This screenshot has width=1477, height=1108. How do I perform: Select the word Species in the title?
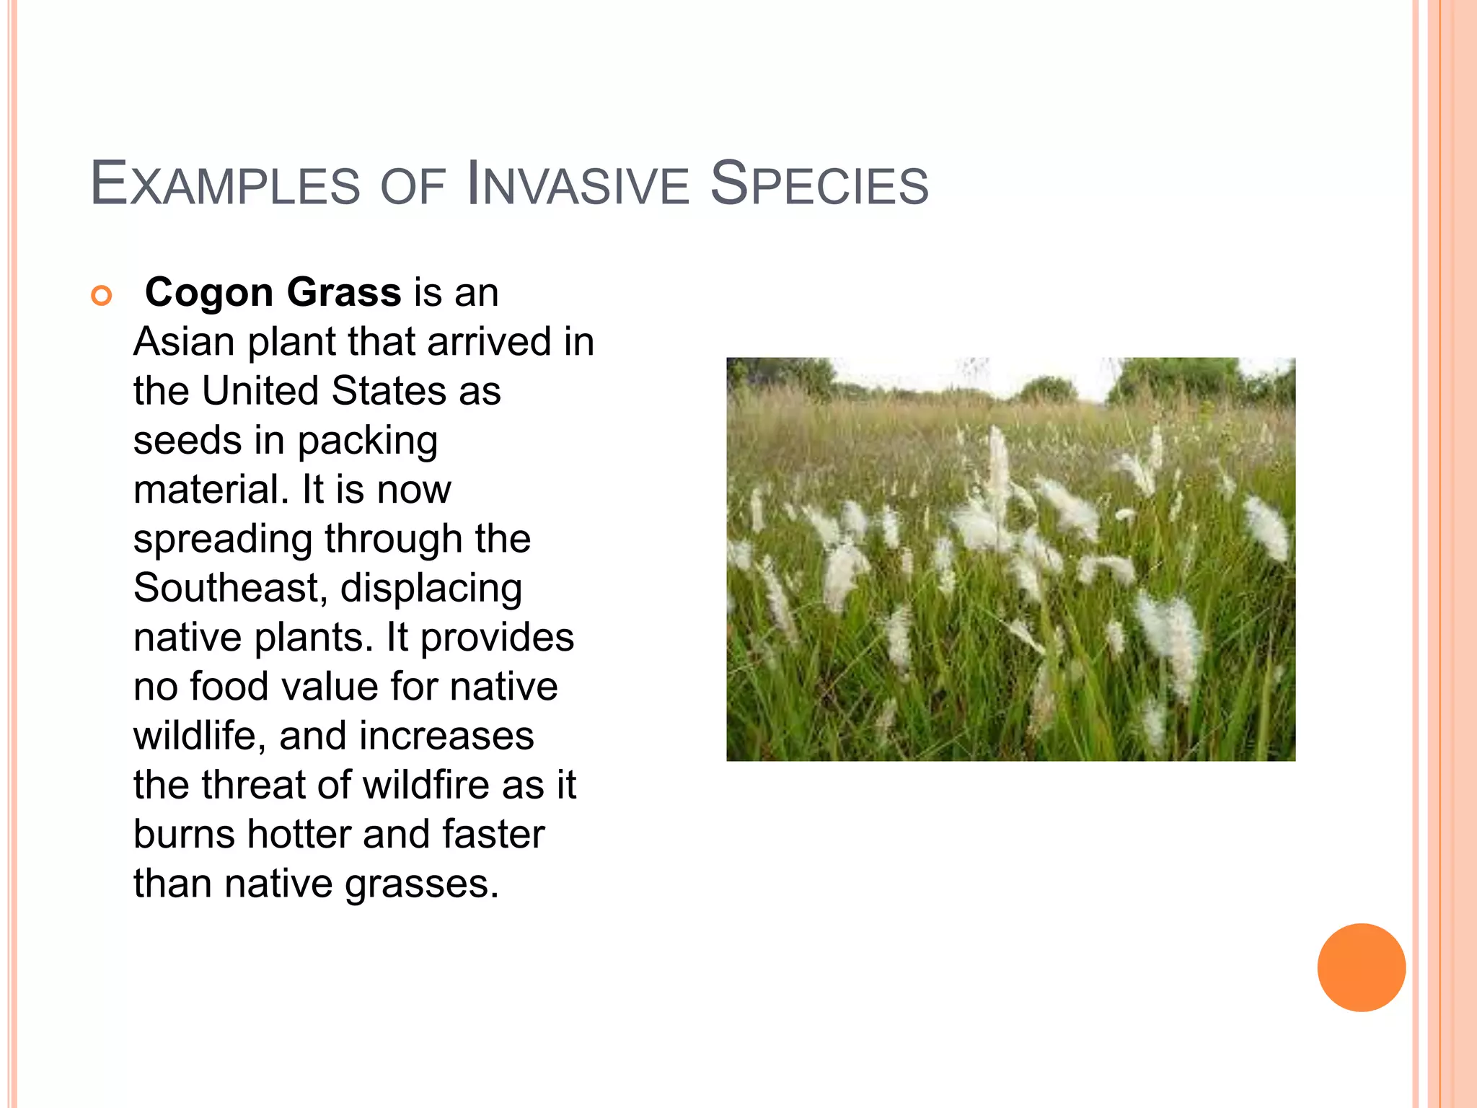(x=819, y=184)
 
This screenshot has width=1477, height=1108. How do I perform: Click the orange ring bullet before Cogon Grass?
(x=102, y=296)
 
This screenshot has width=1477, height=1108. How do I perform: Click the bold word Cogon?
(x=209, y=293)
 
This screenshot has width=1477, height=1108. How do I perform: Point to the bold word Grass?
(x=343, y=293)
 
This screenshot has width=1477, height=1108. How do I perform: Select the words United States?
(x=324, y=391)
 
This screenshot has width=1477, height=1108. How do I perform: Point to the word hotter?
(x=299, y=834)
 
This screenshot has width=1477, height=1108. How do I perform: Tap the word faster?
(x=493, y=834)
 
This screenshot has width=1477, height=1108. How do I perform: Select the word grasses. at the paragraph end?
(x=421, y=884)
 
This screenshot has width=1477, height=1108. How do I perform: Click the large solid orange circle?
(x=1361, y=967)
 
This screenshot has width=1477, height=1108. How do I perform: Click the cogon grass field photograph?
(x=1010, y=559)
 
